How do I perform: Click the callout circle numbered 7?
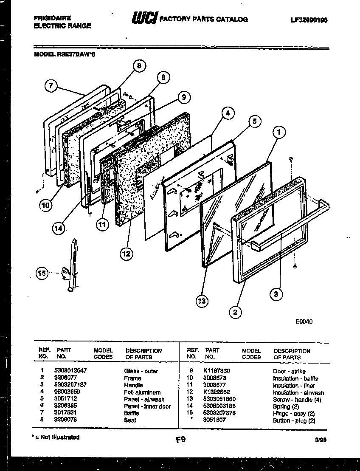pos(51,86)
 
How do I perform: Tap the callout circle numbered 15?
pos(42,274)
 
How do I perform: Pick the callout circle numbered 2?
pos(234,313)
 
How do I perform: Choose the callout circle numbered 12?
pos(126,254)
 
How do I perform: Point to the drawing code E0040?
pos(304,322)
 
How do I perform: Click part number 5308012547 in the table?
pos(70,371)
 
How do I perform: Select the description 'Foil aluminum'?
pos(142,392)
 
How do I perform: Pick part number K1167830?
pos(217,371)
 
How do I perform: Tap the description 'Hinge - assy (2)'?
pos(294,413)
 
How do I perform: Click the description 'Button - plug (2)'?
pos(294,420)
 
